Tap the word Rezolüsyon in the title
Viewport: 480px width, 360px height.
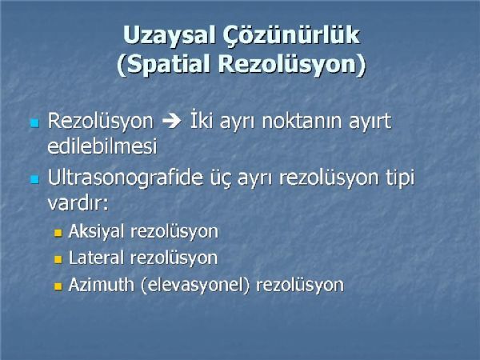[292, 65]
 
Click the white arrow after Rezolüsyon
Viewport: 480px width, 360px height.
[172, 121]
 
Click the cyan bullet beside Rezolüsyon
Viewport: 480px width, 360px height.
[34, 123]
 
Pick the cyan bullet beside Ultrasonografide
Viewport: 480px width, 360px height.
[34, 179]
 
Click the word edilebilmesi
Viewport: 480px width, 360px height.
[102, 146]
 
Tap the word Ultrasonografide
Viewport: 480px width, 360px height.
[126, 178]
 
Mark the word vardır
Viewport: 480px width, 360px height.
[78, 202]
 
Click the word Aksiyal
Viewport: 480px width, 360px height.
[97, 231]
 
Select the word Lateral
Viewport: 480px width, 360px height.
[96, 258]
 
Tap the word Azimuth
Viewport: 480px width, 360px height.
[102, 284]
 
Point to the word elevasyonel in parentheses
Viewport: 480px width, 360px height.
[196, 285]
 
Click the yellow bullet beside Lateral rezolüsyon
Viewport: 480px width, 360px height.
[58, 259]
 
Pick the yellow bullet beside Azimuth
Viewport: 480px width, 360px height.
[58, 286]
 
